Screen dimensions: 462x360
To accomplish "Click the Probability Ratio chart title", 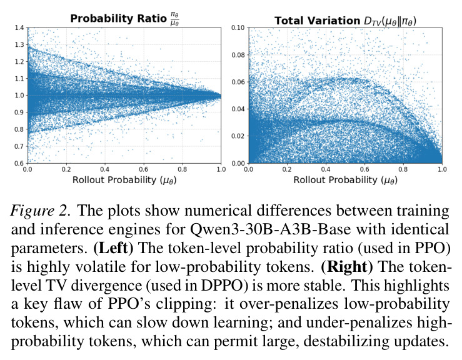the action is point(124,18).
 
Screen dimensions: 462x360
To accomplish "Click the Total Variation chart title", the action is point(345,21).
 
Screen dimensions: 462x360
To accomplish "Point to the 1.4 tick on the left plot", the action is point(19,27).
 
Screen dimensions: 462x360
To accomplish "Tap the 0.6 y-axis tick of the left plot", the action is point(19,163).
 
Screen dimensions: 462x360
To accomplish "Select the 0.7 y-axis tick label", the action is point(19,146).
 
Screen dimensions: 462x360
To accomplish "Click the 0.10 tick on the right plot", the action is point(238,27).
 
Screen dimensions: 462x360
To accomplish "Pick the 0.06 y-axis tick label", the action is point(238,82).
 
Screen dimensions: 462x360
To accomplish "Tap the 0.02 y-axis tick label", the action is point(238,136).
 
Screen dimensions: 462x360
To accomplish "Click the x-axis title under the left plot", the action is point(124,180).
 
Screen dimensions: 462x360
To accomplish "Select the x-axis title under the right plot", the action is point(345,180).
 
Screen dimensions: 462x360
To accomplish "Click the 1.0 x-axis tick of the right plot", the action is point(442,169).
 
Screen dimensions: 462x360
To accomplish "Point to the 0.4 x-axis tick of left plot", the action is point(105,169).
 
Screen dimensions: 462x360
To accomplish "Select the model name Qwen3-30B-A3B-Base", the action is point(270,229).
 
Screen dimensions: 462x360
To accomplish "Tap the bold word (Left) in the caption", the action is point(113,248).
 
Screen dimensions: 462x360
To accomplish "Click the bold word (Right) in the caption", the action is point(347,267).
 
